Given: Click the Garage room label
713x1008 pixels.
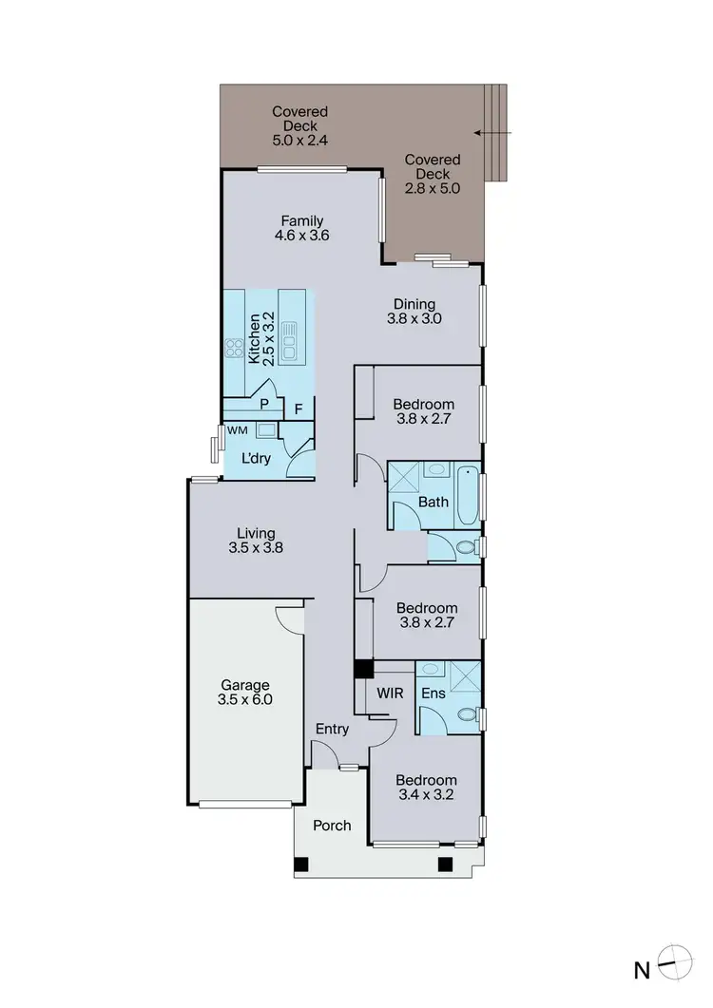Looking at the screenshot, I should (x=246, y=684).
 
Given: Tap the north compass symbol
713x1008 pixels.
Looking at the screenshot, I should (x=672, y=968).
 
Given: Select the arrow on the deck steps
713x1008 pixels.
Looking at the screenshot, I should (x=488, y=133).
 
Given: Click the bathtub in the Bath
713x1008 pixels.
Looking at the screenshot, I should (x=468, y=494).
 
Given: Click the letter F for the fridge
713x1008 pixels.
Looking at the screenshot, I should (x=298, y=409).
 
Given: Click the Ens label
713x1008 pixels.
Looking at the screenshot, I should (x=434, y=694).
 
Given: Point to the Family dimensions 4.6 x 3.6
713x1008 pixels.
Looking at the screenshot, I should (x=301, y=237).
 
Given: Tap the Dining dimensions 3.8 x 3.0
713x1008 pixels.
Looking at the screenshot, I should (x=414, y=320).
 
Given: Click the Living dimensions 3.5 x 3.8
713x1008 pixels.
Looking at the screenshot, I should (x=257, y=547).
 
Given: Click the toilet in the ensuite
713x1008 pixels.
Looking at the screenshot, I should (x=465, y=715).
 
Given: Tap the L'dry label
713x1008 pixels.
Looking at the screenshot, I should (x=255, y=458).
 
